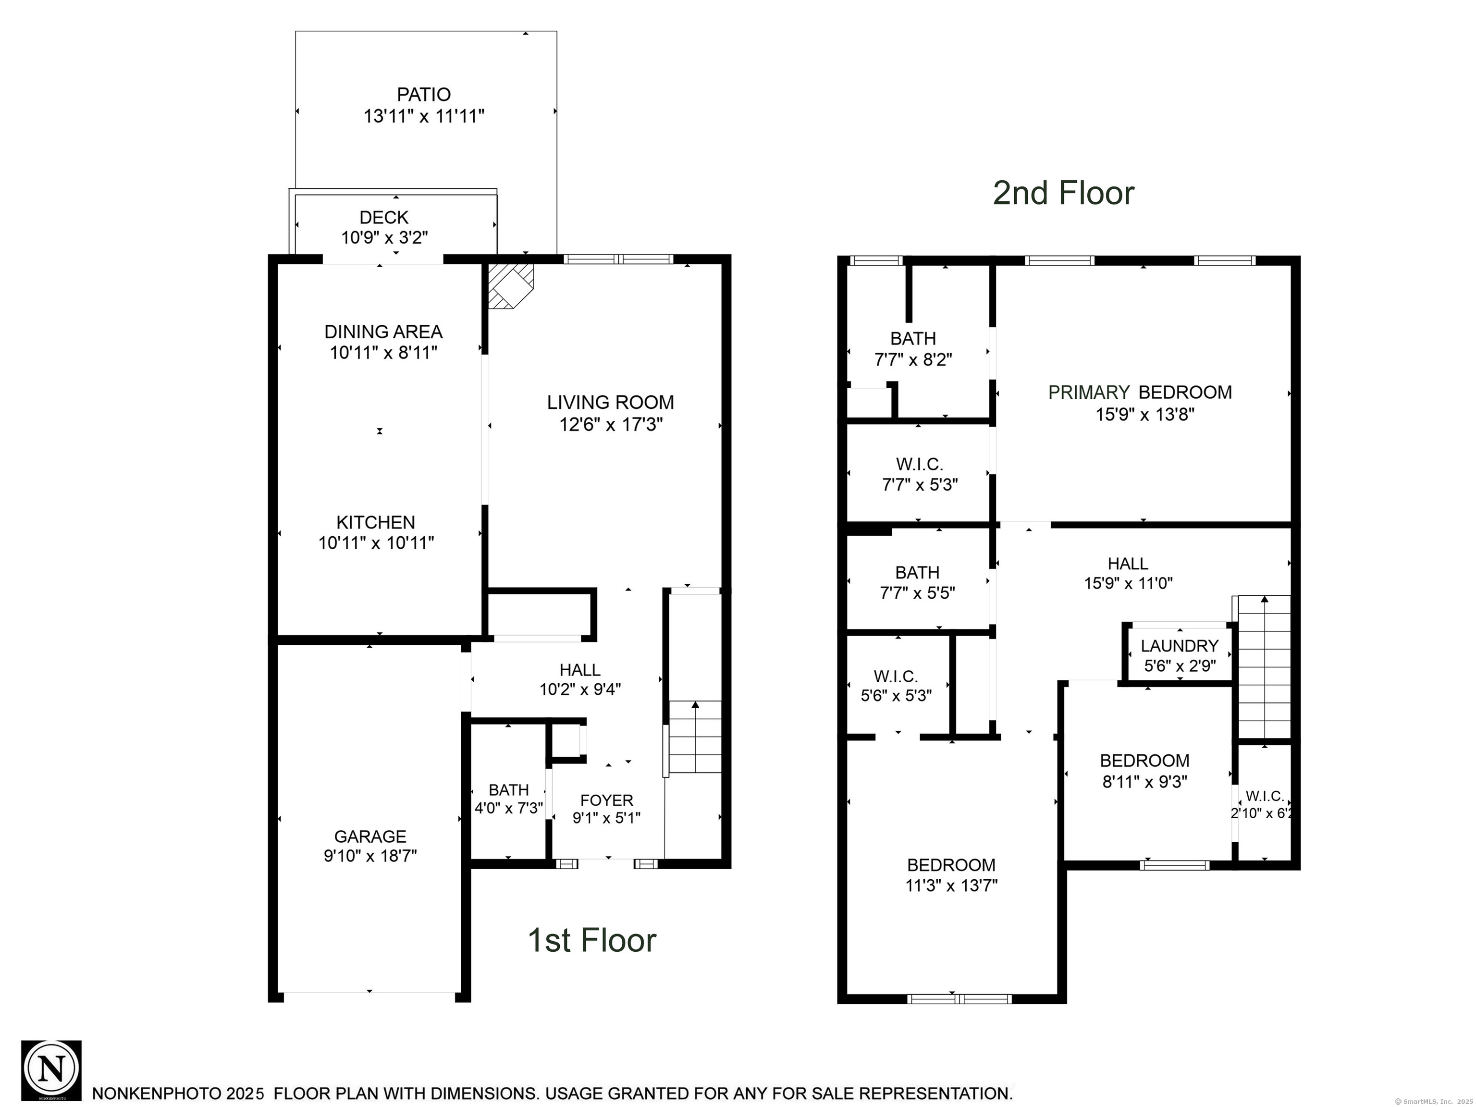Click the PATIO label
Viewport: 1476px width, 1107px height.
(424, 95)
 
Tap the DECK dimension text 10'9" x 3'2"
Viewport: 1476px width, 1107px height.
(384, 237)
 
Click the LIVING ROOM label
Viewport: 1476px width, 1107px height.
(611, 402)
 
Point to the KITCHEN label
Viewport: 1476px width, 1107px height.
(376, 522)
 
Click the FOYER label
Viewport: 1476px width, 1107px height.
(606, 800)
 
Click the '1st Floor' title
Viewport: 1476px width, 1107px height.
(592, 940)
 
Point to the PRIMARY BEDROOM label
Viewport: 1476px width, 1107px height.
(1140, 393)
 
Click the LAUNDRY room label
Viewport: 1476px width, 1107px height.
(1180, 646)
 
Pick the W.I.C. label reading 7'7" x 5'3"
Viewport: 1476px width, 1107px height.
(920, 474)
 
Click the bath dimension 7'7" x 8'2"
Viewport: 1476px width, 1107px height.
(913, 360)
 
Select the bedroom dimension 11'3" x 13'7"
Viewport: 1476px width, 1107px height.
(951, 886)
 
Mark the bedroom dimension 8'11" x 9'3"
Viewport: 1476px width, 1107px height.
(1145, 781)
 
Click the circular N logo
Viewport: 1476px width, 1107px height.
(51, 1071)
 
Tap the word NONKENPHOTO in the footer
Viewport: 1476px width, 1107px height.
(157, 1094)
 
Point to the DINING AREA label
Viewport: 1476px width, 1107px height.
(384, 332)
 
